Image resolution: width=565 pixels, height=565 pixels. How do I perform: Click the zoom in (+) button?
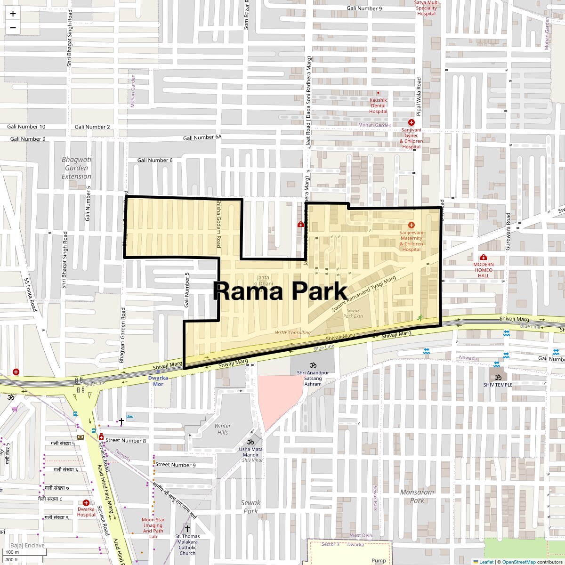[13, 14]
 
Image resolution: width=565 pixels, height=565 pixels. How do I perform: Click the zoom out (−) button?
[13, 27]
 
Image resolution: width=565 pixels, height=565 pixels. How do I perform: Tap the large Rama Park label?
[280, 291]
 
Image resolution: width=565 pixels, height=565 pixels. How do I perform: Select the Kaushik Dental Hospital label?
[378, 106]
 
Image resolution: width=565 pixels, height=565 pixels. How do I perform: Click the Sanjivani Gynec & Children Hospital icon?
[411, 122]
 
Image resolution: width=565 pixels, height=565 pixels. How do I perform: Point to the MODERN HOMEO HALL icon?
[483, 257]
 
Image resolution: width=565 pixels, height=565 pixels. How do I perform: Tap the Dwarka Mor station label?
[158, 380]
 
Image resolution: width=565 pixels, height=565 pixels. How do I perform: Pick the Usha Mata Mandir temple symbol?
[250, 442]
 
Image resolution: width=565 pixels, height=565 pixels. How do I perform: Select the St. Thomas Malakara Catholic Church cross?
[187, 529]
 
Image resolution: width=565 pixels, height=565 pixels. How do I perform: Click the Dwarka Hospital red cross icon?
[86, 503]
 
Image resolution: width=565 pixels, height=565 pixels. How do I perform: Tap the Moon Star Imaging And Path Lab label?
[153, 528]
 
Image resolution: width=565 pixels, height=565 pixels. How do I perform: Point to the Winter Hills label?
[223, 429]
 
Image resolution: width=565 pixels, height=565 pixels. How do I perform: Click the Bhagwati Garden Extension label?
[76, 168]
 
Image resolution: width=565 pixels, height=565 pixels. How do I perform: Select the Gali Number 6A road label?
[202, 137]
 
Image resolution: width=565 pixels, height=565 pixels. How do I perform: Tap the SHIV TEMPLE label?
[498, 385]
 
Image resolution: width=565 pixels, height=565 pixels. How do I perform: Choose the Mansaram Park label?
[417, 496]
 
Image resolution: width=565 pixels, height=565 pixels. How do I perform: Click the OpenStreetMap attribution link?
[518, 562]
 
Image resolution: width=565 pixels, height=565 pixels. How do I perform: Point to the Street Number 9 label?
[175, 465]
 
